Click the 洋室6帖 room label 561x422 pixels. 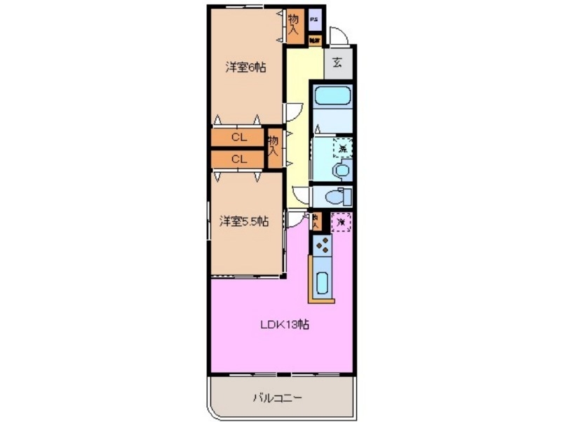point(245,67)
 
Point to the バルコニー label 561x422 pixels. point(278,398)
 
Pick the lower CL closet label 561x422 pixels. point(238,159)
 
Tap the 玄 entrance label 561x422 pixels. point(337,63)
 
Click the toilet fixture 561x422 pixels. point(342,194)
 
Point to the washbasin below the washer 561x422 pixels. point(342,169)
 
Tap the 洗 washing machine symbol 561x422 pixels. point(342,148)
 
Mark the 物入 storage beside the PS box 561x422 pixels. point(294,22)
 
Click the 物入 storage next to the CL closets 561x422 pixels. point(273,146)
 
